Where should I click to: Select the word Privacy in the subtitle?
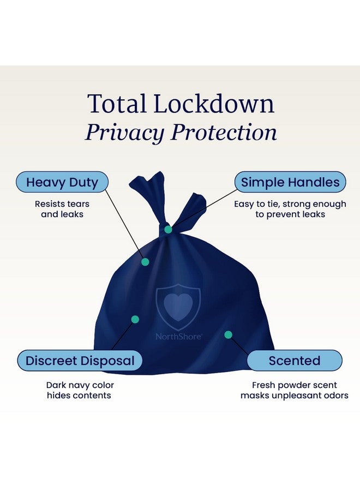pyautogui.click(x=124, y=133)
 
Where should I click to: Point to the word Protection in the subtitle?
pyautogui.click(x=224, y=132)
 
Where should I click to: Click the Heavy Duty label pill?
pyautogui.click(x=62, y=182)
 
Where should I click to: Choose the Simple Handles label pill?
pyautogui.click(x=290, y=182)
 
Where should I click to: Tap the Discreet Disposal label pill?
pyautogui.click(x=80, y=361)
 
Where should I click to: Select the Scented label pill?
pyautogui.click(x=295, y=361)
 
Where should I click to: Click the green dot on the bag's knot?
pyautogui.click(x=168, y=230)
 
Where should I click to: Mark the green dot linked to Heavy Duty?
pyautogui.click(x=145, y=262)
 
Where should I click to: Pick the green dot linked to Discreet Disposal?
pyautogui.click(x=135, y=319)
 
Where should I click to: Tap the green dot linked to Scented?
pyautogui.click(x=228, y=335)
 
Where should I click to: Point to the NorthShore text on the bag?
pyautogui.click(x=178, y=337)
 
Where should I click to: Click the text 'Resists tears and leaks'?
pyautogui.click(x=62, y=209)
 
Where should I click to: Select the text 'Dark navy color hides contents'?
pyautogui.click(x=80, y=390)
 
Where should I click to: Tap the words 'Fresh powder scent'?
pyautogui.click(x=295, y=385)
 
